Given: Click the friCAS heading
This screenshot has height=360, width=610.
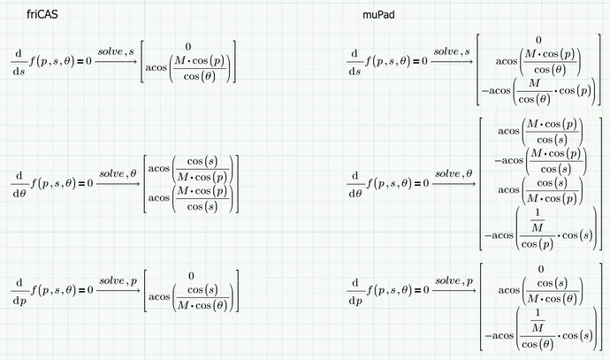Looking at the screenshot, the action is coord(42,14).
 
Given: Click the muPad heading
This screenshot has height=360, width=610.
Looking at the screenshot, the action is coord(378,15).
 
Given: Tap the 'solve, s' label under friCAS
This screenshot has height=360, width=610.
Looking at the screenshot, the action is coord(116,51).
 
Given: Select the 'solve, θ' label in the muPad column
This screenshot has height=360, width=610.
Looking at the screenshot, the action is coord(454,173).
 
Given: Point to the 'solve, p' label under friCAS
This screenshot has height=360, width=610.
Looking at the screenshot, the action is coord(118,281).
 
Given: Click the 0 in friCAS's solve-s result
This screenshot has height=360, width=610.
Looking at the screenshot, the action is coord(188,47).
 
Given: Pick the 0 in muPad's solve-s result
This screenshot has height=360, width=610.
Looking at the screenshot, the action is coord(538,40).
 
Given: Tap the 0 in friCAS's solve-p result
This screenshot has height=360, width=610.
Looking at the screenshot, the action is coord(191,276).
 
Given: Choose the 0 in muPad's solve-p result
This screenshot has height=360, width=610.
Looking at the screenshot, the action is coord(541,269).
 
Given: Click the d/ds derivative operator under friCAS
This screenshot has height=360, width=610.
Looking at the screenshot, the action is coord(19,62).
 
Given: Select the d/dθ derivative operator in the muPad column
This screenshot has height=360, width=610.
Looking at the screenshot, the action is coord(355,184).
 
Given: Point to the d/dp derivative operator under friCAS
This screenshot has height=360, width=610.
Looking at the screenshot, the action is coord(19,291).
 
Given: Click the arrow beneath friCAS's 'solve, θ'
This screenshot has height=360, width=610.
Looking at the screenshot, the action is coord(118,183).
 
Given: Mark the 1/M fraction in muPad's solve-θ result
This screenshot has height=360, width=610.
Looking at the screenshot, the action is coord(538,220).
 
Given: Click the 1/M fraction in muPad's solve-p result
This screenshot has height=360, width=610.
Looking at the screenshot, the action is coord(538,320).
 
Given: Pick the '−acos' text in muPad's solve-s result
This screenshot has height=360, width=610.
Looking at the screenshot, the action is coord(496,91).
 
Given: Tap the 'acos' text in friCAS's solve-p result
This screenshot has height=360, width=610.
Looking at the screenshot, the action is coord(159,297).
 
